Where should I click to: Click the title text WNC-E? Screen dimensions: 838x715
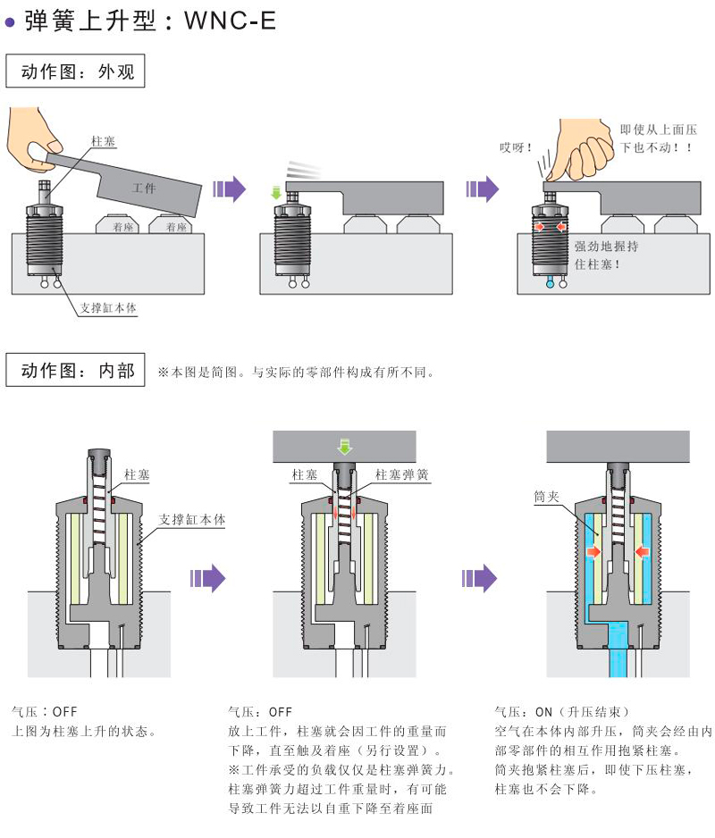(230, 20)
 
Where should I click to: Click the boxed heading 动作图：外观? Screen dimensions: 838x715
(75, 72)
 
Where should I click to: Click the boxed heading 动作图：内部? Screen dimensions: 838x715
(75, 370)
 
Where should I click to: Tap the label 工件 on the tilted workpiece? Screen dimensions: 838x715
(144, 189)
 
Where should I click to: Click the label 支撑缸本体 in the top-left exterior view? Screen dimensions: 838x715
(108, 308)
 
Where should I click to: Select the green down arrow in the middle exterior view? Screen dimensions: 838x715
(276, 190)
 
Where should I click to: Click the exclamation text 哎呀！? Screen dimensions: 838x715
(516, 147)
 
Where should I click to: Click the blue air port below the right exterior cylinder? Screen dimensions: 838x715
(550, 286)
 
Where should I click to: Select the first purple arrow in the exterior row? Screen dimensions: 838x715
(231, 189)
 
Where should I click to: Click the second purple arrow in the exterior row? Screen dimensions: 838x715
(483, 189)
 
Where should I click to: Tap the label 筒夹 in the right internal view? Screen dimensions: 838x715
(546, 497)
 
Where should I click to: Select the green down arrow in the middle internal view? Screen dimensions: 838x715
(345, 444)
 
